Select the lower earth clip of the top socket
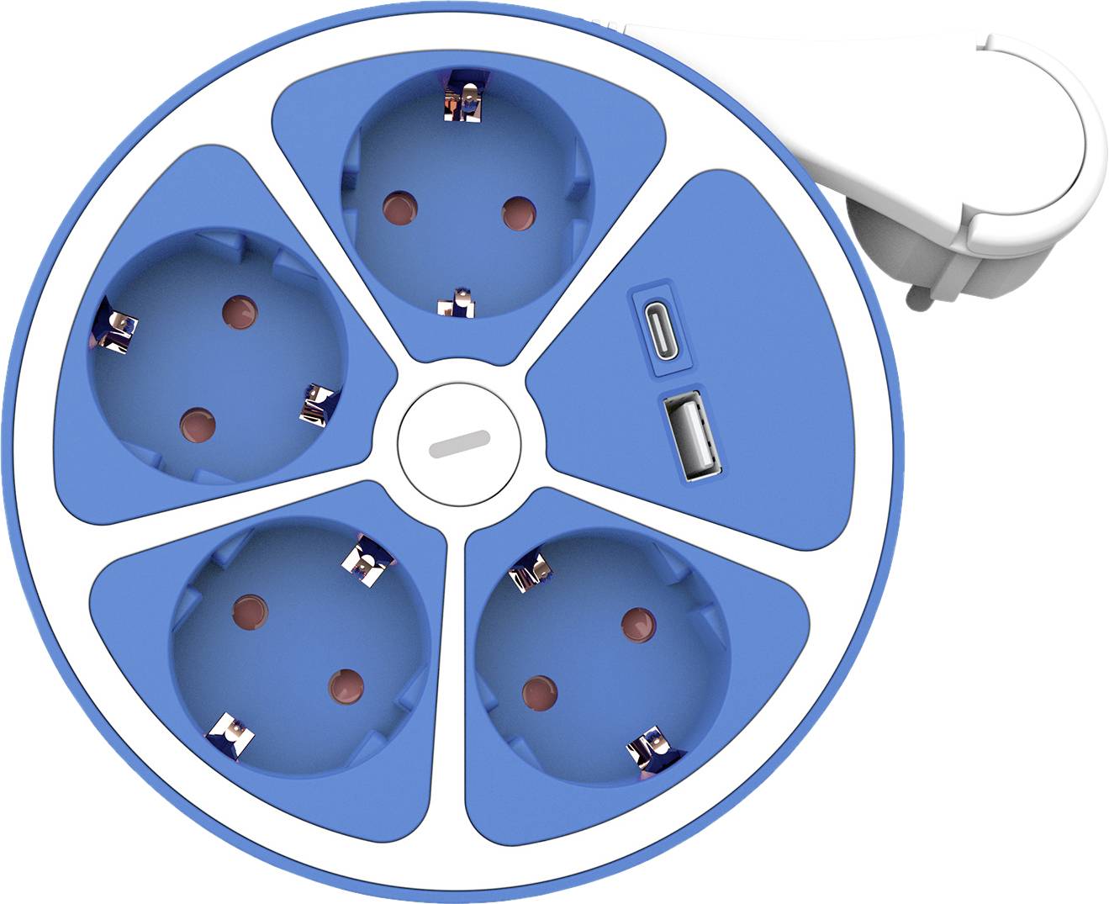tap(457, 302)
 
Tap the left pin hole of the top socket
tap(400, 208)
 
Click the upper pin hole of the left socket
tap(240, 310)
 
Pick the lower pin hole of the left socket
tap(197, 422)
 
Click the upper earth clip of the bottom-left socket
tap(367, 559)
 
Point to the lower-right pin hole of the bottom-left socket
tap(346, 685)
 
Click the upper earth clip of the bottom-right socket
tap(530, 572)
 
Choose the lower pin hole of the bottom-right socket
tap(539, 693)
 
